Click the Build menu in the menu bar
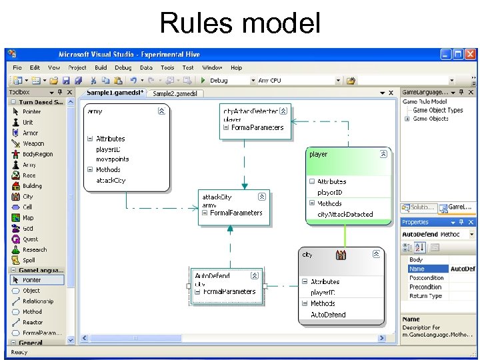(101, 67)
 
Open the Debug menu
(123, 67)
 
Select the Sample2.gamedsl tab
(175, 94)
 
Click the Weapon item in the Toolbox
(33, 143)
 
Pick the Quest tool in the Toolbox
(31, 239)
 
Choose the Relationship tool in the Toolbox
(37, 301)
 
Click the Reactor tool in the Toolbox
(32, 322)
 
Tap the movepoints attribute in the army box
(113, 159)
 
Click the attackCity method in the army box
(111, 181)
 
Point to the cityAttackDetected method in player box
(345, 214)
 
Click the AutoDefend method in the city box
(328, 315)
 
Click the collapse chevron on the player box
(383, 154)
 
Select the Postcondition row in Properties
(426, 278)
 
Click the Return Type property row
(425, 296)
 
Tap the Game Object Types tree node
(437, 111)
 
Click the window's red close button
(469, 55)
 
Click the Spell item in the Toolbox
(29, 260)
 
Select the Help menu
(237, 67)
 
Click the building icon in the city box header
(341, 255)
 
